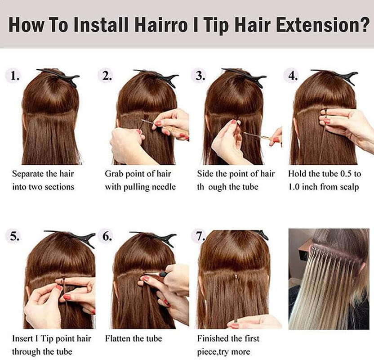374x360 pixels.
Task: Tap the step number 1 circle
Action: (x=15, y=76)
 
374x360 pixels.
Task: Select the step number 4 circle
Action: (x=293, y=76)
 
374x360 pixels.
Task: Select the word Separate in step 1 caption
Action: (x=29, y=174)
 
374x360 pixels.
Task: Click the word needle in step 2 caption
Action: (x=162, y=187)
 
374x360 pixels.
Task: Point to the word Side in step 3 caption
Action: (x=205, y=174)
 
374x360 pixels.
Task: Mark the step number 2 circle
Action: (x=107, y=76)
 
